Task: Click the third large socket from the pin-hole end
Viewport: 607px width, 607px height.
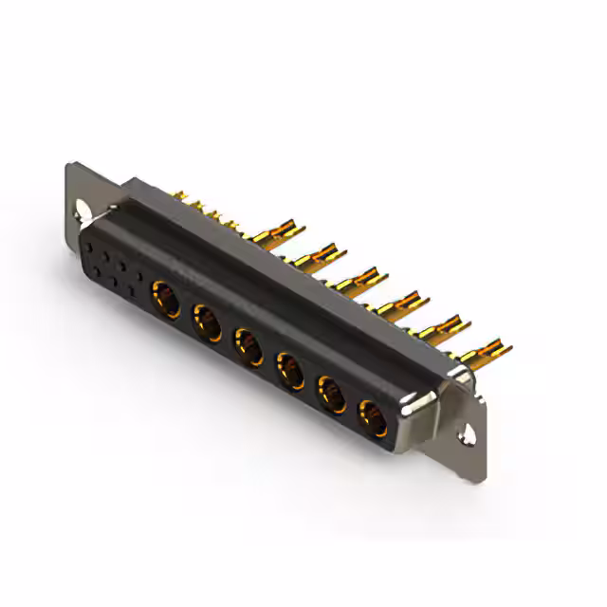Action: (x=246, y=343)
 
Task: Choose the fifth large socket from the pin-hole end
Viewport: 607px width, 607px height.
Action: (x=328, y=391)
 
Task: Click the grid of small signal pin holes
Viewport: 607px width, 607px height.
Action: (x=115, y=266)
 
